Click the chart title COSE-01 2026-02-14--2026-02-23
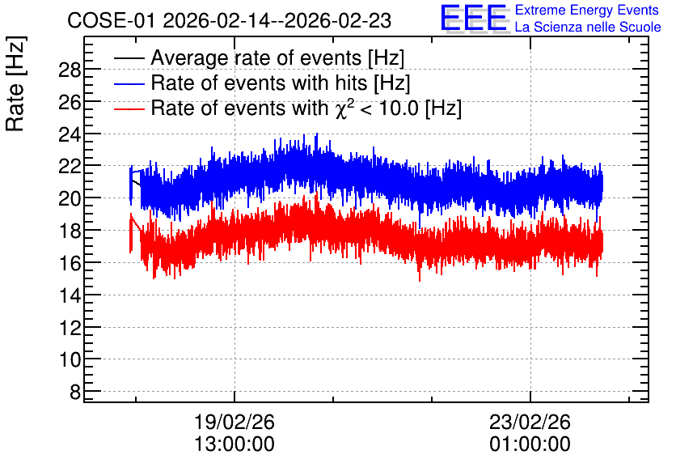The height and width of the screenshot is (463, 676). point(230,21)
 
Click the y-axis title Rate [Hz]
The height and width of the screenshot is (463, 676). point(15,83)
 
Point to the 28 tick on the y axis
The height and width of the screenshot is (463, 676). point(70,70)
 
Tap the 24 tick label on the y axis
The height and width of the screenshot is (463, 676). point(70,134)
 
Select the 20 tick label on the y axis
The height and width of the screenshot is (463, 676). point(70,199)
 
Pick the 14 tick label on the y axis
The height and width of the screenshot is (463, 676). point(70,295)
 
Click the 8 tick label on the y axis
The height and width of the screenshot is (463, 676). point(75,393)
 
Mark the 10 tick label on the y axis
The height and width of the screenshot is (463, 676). point(70,360)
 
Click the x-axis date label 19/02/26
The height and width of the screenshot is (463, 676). point(234,422)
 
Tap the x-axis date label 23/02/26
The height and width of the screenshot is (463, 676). point(530,422)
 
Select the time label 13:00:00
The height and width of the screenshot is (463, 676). point(234,444)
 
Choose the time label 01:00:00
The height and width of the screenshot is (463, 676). point(530,444)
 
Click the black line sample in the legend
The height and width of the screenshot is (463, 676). point(129,58)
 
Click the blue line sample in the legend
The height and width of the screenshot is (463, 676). point(129,83)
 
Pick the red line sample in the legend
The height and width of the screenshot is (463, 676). point(129,108)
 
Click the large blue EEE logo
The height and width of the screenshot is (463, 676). point(473,18)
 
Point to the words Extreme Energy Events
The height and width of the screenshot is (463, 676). point(587,10)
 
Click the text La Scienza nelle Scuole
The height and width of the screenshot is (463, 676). point(588,27)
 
